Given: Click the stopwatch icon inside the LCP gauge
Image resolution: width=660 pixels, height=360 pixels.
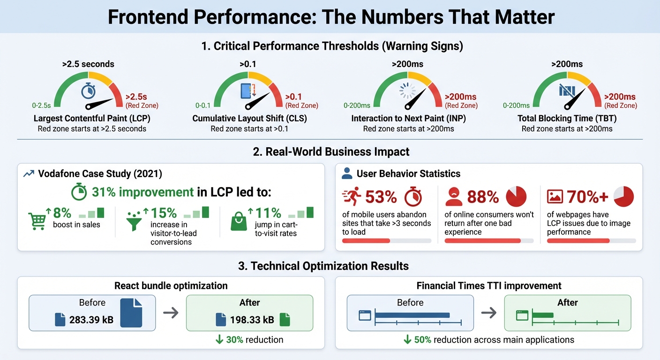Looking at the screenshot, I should (x=88, y=91).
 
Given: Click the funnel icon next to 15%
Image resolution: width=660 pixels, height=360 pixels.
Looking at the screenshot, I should (x=135, y=220).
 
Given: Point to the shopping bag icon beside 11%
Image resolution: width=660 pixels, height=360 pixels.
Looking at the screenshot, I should (x=239, y=221).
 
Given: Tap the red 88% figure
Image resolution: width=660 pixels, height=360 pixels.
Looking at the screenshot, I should (x=483, y=197).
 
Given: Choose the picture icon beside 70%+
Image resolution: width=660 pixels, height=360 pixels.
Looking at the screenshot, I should (x=555, y=197).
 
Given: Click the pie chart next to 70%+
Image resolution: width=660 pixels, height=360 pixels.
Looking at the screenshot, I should (x=623, y=196).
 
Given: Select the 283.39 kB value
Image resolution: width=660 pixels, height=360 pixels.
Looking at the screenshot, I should (x=91, y=320).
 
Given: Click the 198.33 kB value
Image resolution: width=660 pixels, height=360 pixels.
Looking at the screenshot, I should (x=252, y=320).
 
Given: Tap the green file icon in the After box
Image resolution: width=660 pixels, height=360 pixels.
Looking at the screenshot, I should (x=285, y=320).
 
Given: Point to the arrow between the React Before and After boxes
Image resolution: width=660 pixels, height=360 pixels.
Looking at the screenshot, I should (x=171, y=313).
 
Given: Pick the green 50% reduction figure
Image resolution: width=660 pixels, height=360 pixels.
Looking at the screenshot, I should (x=422, y=339).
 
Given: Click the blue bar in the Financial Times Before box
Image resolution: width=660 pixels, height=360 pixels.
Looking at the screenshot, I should (x=412, y=315).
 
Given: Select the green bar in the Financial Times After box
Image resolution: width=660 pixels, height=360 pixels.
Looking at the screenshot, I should (x=542, y=315).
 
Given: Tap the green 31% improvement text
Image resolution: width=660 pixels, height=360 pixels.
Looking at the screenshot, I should (x=142, y=192).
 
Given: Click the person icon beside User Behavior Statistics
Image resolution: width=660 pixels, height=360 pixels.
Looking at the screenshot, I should (x=347, y=174).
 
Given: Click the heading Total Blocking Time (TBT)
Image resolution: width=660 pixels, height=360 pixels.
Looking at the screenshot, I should (x=567, y=118).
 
